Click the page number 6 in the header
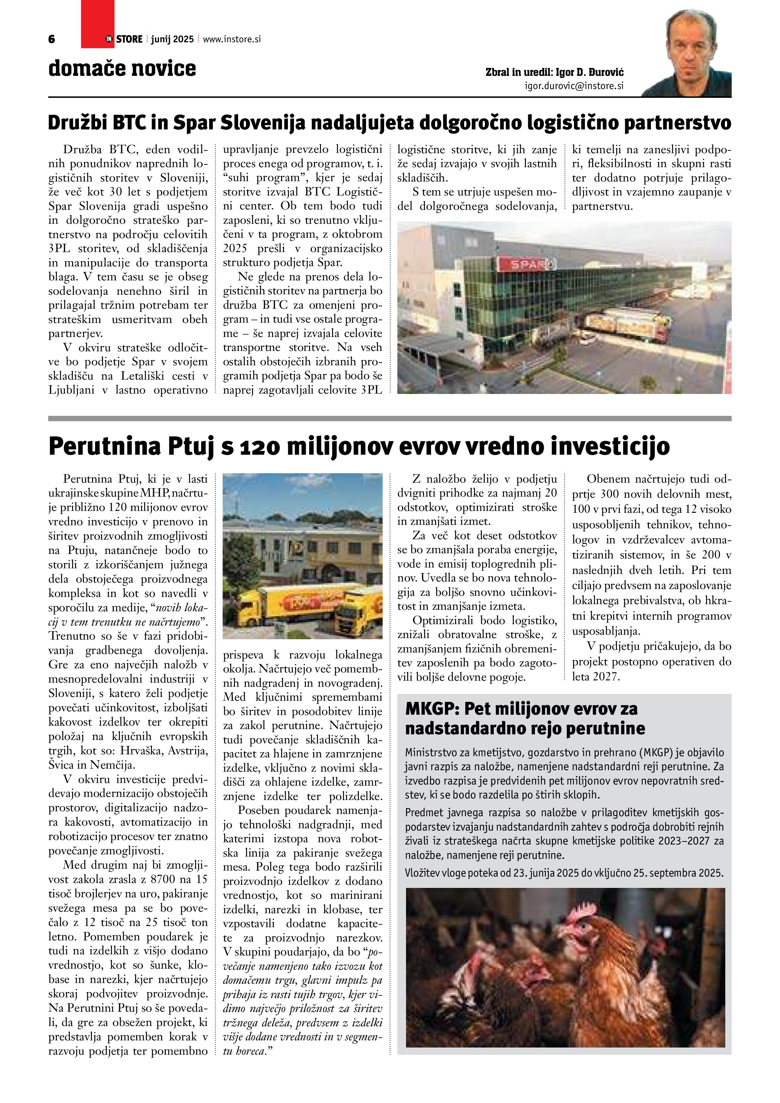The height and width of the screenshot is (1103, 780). pyautogui.click(x=52, y=39)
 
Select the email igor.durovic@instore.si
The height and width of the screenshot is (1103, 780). pyautogui.click(x=574, y=86)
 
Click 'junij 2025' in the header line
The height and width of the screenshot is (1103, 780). pyautogui.click(x=172, y=39)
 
